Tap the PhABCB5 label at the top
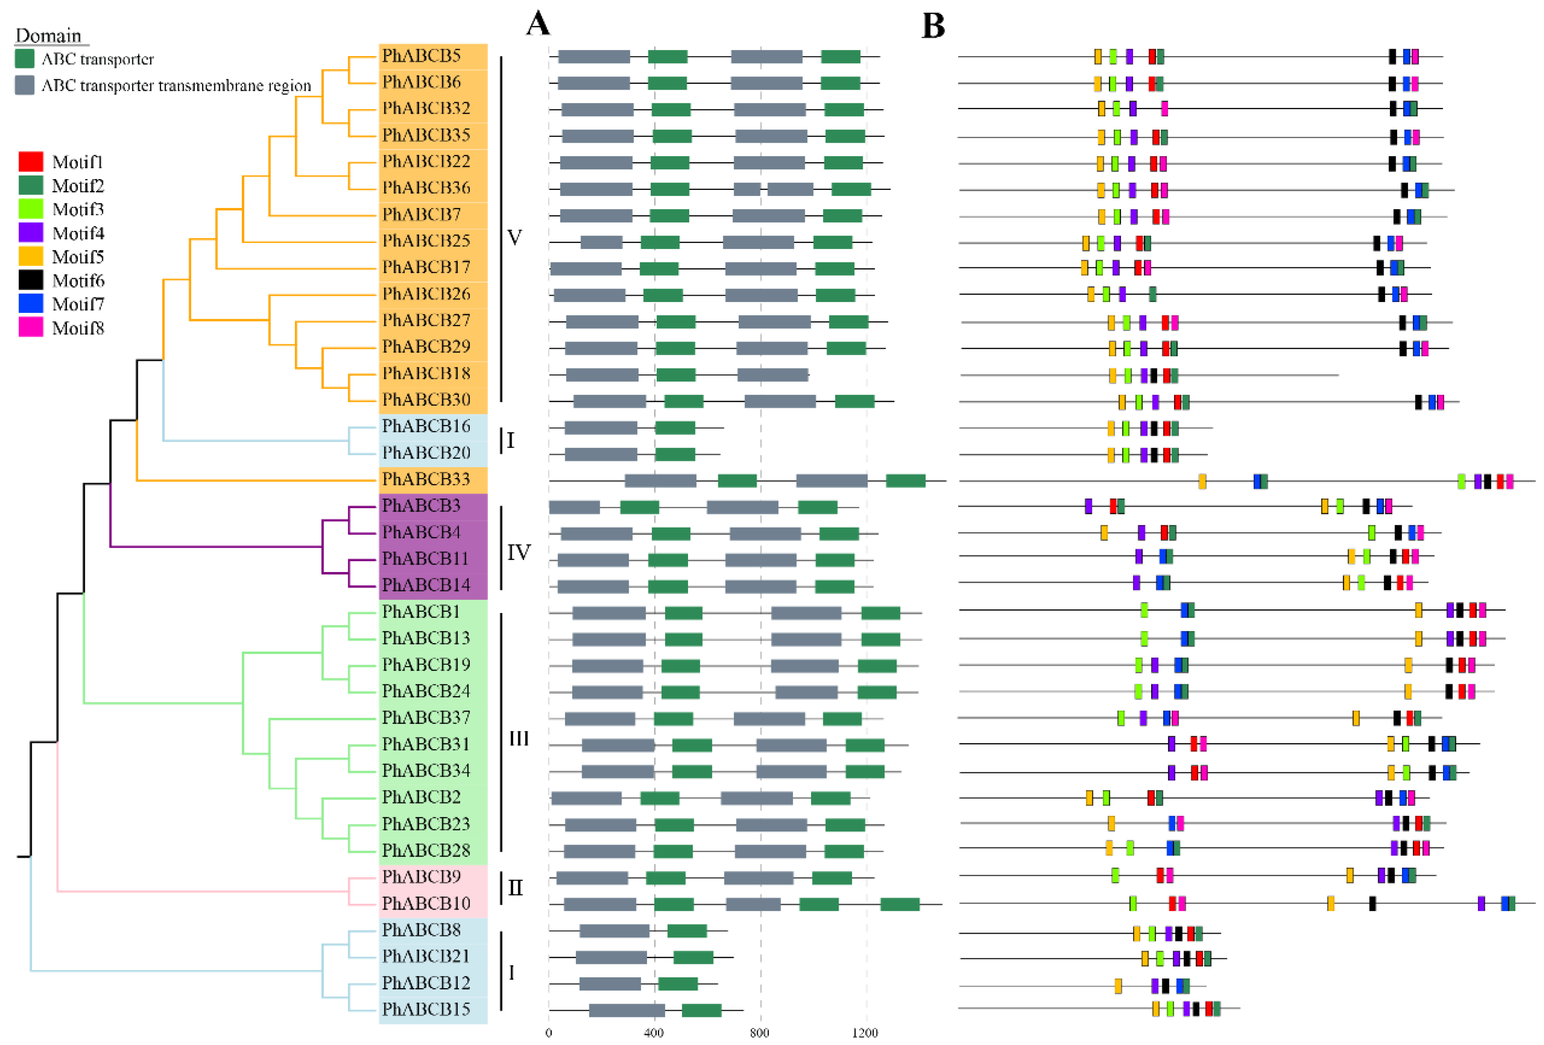pos(421,55)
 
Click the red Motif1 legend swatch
pos(31,161)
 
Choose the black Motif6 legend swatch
pos(31,280)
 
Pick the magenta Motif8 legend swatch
pos(31,327)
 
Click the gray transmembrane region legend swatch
pos(25,85)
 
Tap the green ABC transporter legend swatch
pos(25,58)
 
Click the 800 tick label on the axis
pos(759,1032)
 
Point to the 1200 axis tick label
pos(865,1032)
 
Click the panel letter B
pos(933,27)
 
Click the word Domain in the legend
pos(48,35)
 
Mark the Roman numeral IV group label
pos(519,552)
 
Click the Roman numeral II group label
pos(515,888)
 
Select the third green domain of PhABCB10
pos(900,903)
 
